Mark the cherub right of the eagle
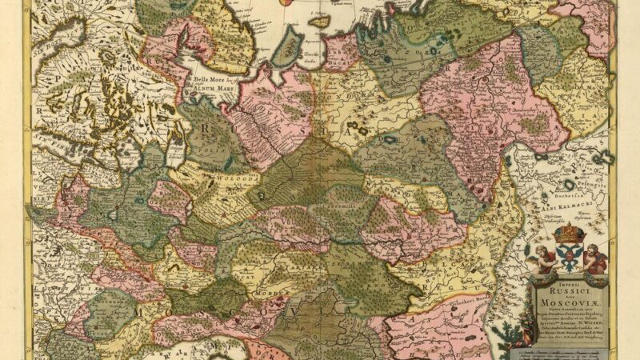click(594, 258)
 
